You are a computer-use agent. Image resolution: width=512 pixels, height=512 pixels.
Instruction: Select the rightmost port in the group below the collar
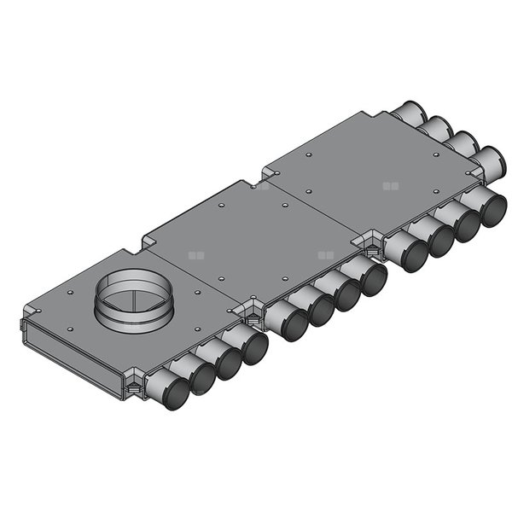tap(254, 348)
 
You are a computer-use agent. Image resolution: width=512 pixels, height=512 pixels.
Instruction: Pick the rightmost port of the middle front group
tap(373, 278)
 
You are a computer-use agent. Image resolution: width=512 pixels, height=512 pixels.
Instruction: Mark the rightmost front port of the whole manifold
tap(493, 209)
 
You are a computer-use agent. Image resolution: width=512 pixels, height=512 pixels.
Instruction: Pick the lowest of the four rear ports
tap(488, 160)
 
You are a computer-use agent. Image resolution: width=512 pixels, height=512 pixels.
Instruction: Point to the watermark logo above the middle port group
tap(323, 253)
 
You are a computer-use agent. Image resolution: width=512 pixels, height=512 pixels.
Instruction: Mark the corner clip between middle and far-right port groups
tap(373, 241)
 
